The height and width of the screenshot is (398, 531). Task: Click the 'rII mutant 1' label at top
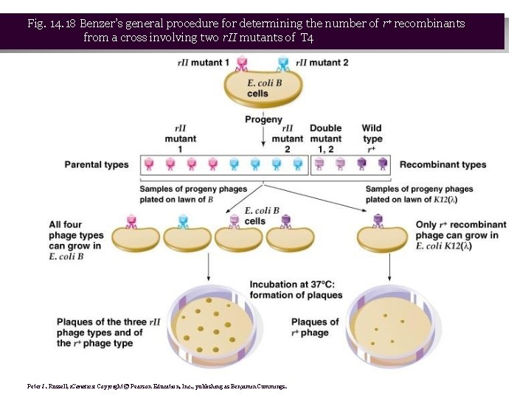tap(204, 63)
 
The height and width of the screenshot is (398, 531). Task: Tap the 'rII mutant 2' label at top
tap(322, 63)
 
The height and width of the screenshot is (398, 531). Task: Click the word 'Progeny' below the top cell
tap(263, 119)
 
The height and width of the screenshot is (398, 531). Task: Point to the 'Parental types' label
tap(97, 164)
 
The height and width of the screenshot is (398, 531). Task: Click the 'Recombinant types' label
tap(442, 164)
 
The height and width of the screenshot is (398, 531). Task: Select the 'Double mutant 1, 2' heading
tap(325, 139)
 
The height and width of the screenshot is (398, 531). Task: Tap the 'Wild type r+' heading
tap(372, 139)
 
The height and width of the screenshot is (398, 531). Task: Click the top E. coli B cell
tap(263, 91)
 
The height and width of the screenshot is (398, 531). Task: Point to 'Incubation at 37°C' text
tap(296, 290)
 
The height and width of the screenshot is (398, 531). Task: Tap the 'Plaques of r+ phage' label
tap(315, 327)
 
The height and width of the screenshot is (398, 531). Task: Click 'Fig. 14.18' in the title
tap(52, 24)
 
